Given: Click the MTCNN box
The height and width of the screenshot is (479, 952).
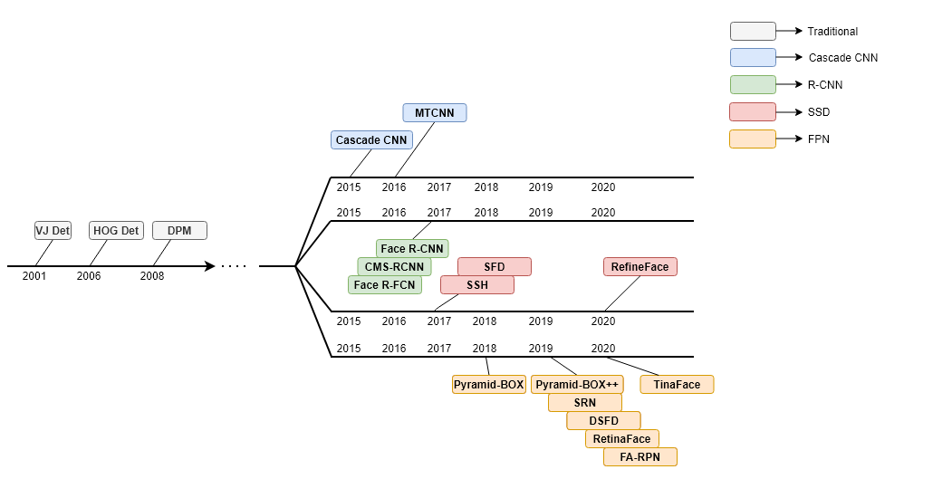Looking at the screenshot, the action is point(435,113).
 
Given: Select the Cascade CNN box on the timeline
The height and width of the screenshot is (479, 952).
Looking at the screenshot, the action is point(371,140).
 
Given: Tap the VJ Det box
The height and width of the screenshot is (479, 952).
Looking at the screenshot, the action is point(53,231).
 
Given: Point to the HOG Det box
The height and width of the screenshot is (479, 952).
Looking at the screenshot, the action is point(116,231).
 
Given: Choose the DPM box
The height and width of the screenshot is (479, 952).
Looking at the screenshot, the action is point(179,231).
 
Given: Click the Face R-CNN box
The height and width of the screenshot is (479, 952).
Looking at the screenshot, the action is point(412,249).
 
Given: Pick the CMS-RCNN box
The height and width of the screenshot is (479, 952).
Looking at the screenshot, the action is point(395,266).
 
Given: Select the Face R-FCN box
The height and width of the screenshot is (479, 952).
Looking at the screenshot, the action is point(385,284).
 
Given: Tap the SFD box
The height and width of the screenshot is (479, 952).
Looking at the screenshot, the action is point(495,266).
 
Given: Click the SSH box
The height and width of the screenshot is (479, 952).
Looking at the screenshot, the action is point(477,284).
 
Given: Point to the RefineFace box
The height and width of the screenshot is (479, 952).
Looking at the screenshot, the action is point(639,266).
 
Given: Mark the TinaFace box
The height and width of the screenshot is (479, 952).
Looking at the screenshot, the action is point(677,384).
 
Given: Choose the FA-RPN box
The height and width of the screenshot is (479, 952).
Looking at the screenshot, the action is point(639,457).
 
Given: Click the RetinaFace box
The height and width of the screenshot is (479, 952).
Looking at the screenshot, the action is point(621,439).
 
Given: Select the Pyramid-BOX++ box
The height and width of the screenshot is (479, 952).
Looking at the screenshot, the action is point(577,384).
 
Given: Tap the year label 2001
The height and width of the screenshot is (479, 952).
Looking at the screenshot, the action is point(34,276).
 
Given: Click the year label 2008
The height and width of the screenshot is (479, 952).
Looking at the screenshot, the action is point(152,276).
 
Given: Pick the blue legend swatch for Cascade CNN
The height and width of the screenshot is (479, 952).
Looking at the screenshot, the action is point(753,58).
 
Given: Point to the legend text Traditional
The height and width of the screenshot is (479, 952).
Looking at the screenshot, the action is point(832,32).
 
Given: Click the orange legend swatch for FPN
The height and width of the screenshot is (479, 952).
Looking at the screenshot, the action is point(753,139).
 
